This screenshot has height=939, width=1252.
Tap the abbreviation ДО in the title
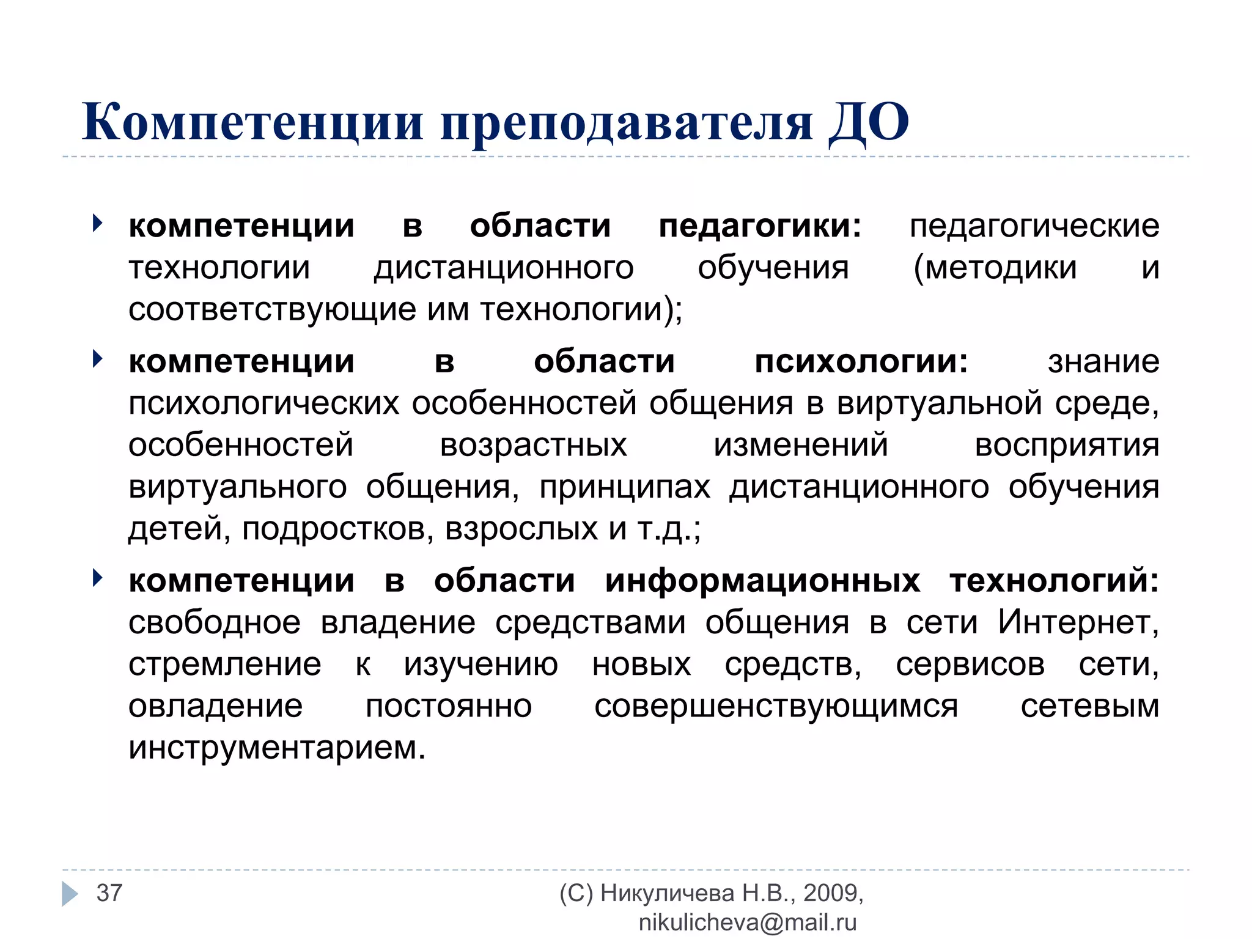click(869, 122)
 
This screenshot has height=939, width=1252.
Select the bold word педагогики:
click(760, 226)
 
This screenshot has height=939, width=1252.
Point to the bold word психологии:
click(861, 361)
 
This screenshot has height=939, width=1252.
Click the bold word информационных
click(762, 580)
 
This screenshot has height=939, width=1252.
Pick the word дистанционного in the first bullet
click(504, 268)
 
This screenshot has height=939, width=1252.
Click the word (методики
click(995, 268)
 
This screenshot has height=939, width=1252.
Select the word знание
click(1103, 361)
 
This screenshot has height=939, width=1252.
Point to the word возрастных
click(533, 445)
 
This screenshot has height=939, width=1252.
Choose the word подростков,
click(338, 529)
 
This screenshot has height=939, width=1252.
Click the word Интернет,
click(1078, 622)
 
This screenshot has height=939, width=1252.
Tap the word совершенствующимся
click(776, 707)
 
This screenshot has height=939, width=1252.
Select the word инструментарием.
click(277, 748)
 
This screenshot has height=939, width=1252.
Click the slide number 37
click(109, 893)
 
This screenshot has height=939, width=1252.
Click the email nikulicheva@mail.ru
click(748, 922)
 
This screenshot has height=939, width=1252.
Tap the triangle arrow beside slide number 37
click(70, 893)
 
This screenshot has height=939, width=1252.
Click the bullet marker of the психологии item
click(97, 359)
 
